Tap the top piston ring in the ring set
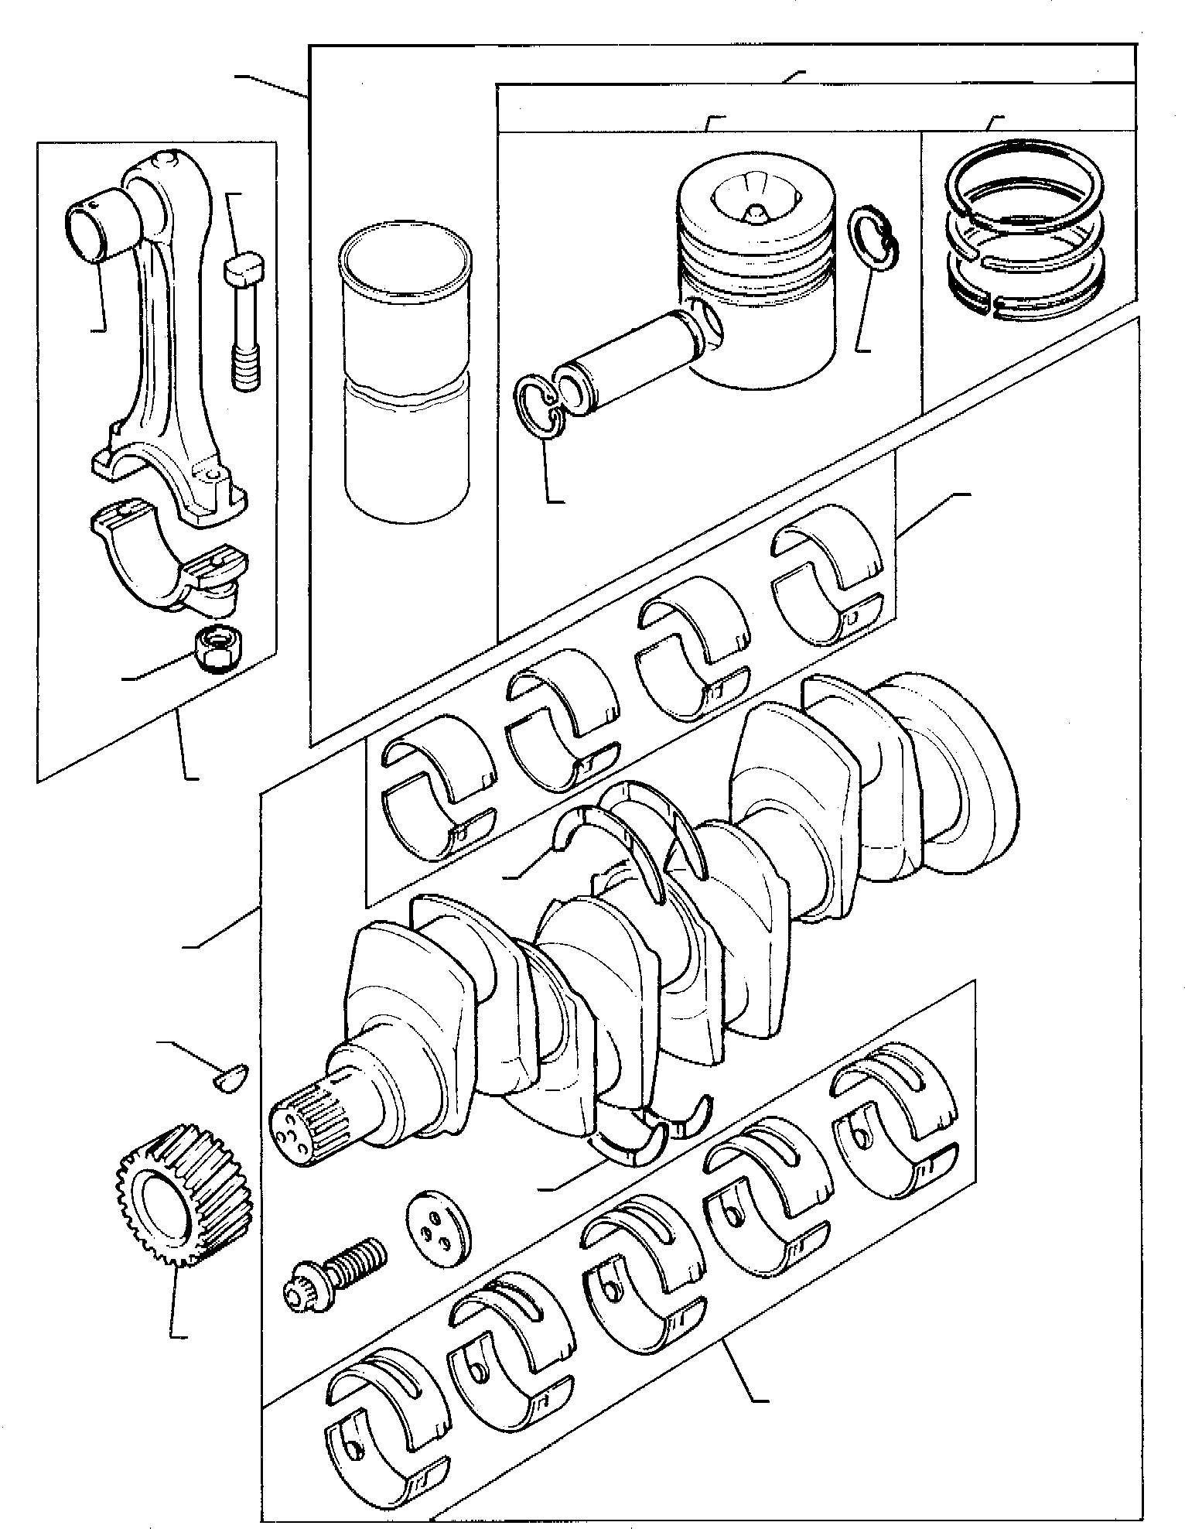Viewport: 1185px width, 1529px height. [x=1025, y=180]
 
